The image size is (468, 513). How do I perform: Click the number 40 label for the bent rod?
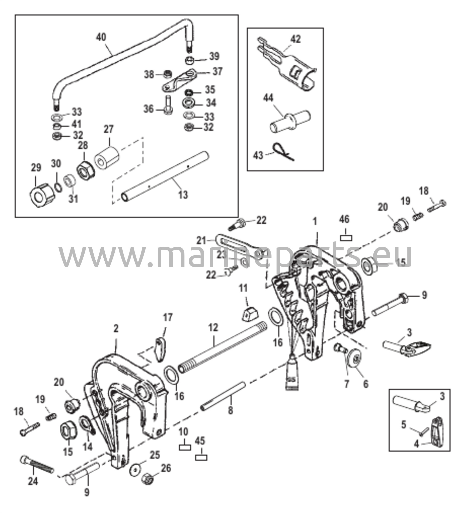tap(101, 37)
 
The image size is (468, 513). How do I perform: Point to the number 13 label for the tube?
tap(183, 195)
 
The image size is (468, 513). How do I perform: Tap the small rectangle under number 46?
tap(346, 238)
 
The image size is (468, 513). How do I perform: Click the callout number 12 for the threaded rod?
tap(213, 327)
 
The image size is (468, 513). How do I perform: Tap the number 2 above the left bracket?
tap(116, 329)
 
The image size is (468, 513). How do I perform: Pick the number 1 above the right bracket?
tap(315, 222)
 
